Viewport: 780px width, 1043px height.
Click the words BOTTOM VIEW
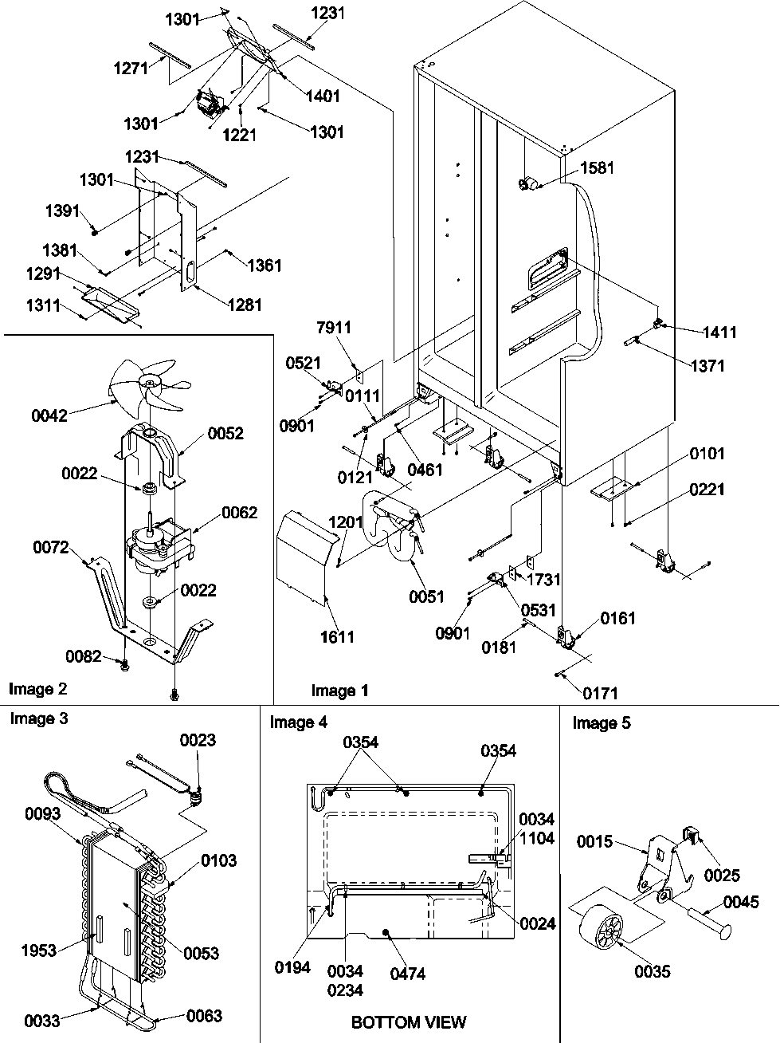408,1021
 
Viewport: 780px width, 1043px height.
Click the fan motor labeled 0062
151,545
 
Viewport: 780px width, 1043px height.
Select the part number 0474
408,973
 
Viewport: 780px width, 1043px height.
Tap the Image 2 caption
37,687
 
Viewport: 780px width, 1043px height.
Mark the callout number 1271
131,68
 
